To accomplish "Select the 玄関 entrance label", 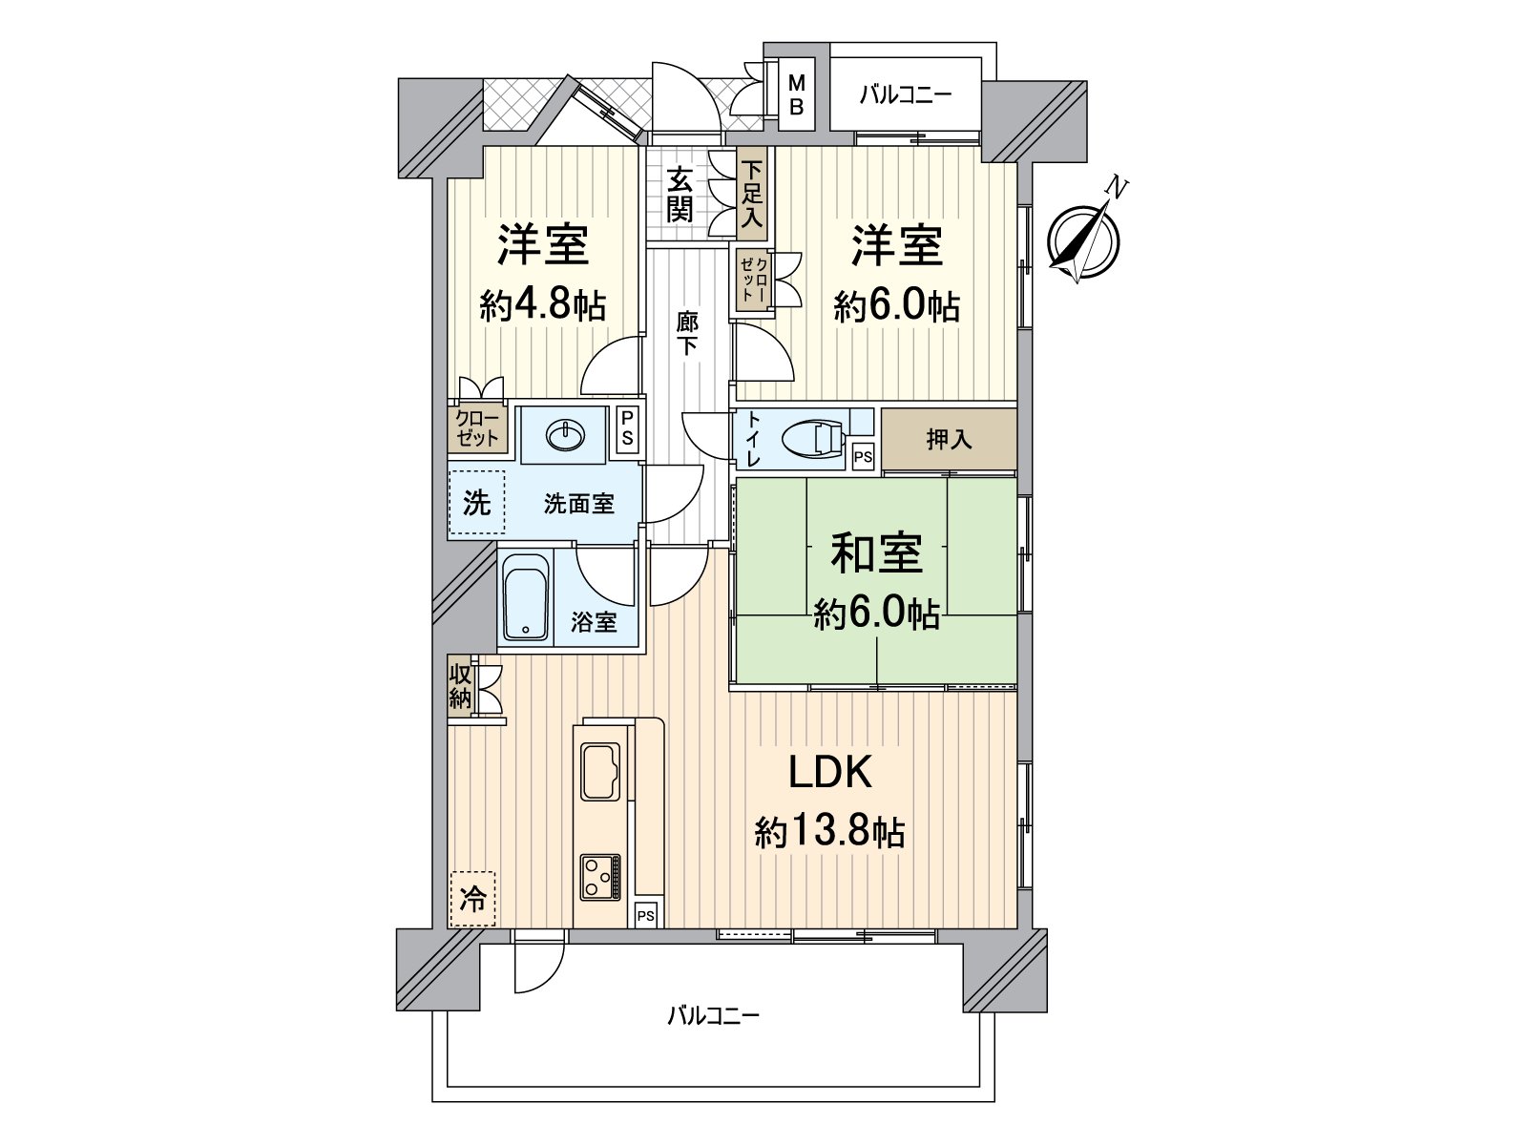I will coord(680,195).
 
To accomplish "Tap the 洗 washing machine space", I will coord(476,503).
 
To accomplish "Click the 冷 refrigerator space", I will coord(472,900).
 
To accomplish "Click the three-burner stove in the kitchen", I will coord(599,877).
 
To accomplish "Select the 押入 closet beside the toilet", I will coord(949,439).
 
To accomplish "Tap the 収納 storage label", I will coord(460,685).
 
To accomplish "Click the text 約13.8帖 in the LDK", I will coord(829,833).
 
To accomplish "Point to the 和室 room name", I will coord(876,553).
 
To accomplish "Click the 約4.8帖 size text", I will coord(542,305).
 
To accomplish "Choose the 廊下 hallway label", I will coord(686,333).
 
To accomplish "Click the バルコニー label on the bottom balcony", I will coord(713,1016).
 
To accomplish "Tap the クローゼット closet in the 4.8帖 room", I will coord(477,429).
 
